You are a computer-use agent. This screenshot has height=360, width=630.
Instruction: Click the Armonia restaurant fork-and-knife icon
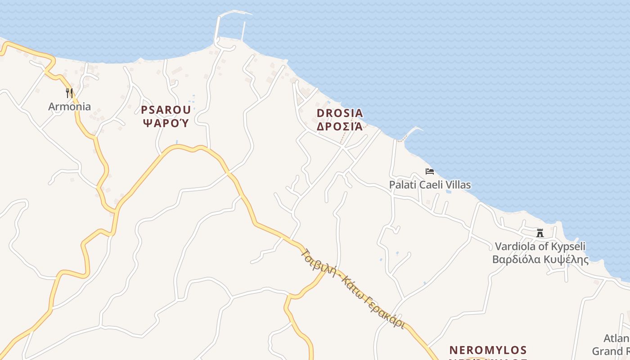click(x=69, y=93)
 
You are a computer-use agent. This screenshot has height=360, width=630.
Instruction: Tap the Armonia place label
click(x=70, y=107)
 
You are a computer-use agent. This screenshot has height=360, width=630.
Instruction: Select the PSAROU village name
click(x=166, y=109)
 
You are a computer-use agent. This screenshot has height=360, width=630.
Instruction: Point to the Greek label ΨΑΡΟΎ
click(x=166, y=122)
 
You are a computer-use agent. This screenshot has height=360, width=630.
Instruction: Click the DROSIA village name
click(x=340, y=113)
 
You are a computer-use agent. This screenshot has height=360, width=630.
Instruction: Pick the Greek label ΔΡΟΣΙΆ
click(x=340, y=126)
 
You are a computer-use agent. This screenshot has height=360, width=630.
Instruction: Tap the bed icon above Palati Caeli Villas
click(x=430, y=171)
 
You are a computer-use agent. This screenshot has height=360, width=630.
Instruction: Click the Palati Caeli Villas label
click(x=430, y=185)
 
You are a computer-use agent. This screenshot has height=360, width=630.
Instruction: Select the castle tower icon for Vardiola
click(x=540, y=233)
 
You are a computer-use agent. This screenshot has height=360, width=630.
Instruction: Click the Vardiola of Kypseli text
click(x=540, y=246)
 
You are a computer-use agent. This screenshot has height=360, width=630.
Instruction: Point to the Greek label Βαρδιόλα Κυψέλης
click(x=540, y=260)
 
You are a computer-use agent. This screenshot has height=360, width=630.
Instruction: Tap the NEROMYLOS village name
click(x=488, y=350)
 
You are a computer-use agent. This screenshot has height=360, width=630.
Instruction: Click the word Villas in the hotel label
click(x=457, y=185)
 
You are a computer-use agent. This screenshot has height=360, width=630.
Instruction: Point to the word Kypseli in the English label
click(x=569, y=246)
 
